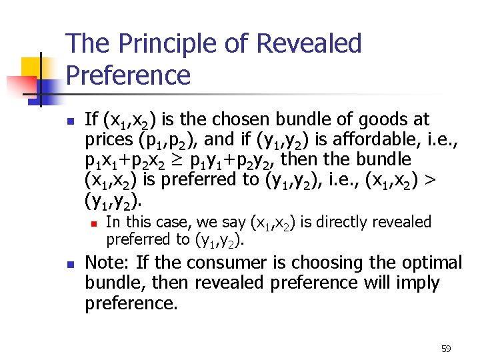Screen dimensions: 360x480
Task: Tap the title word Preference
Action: (x=128, y=75)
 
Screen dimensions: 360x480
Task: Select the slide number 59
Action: (x=446, y=349)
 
